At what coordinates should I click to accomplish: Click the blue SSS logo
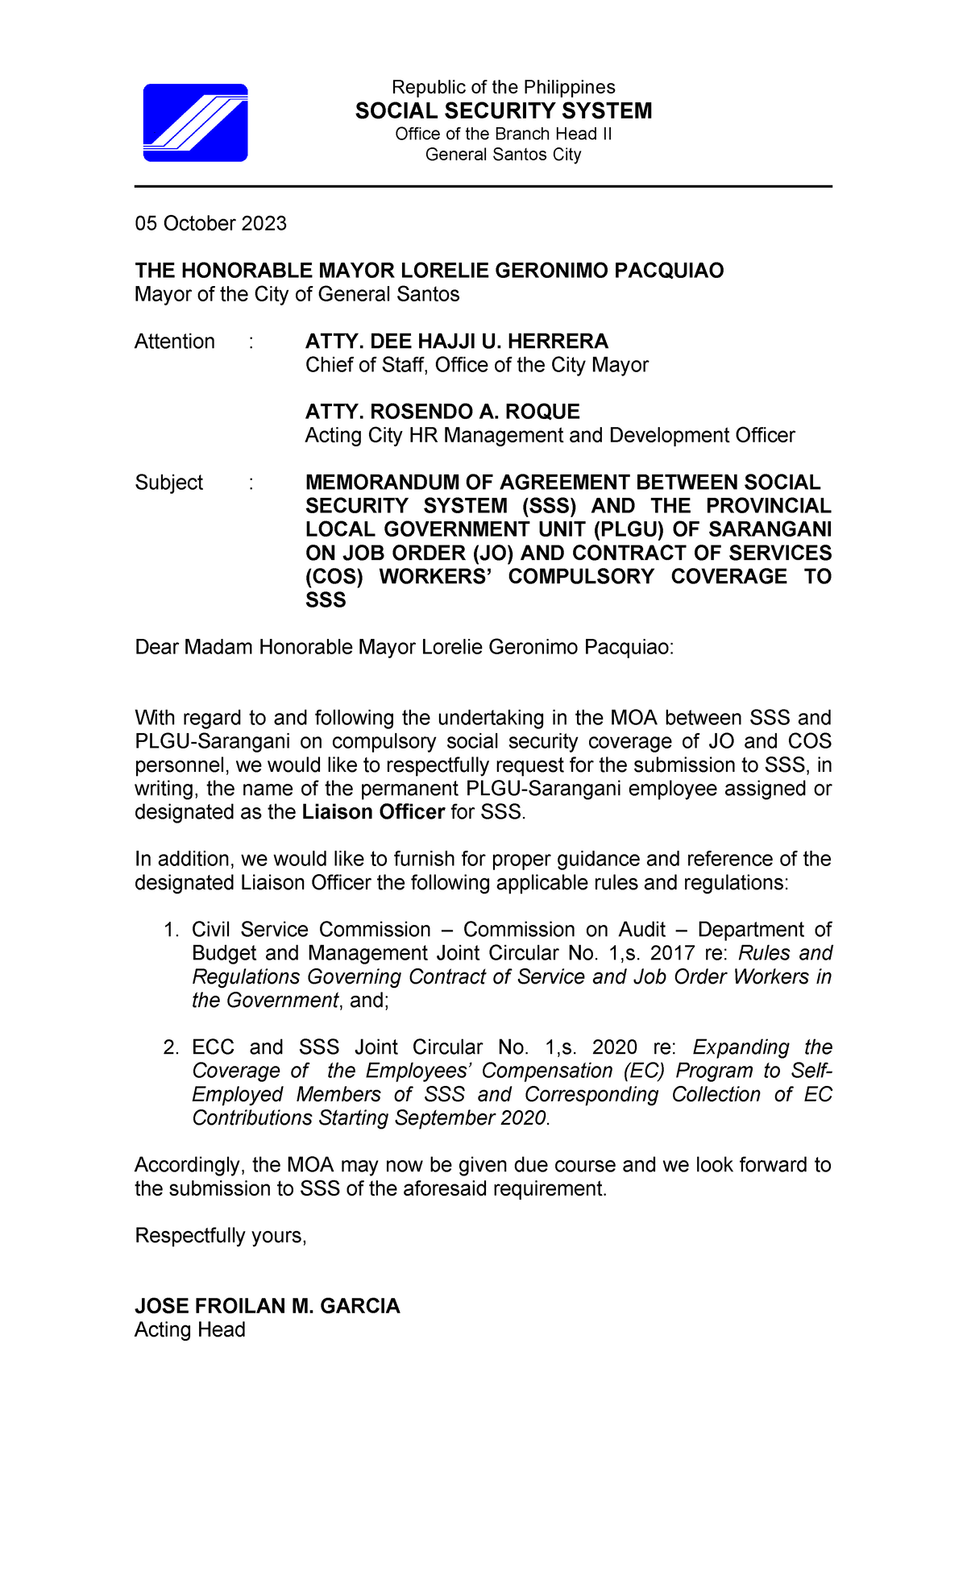[195, 122]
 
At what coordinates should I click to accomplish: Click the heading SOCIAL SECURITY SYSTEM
[504, 111]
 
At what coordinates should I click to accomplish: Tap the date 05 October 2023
[210, 223]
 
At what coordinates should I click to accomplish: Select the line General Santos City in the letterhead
[503, 155]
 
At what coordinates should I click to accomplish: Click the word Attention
[174, 342]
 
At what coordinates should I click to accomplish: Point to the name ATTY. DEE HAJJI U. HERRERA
[456, 342]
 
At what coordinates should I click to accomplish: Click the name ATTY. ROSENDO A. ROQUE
[442, 412]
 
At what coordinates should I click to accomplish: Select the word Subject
[168, 483]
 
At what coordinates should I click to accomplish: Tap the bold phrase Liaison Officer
[373, 812]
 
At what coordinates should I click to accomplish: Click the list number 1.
[170, 931]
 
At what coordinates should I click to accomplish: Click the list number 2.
[170, 1048]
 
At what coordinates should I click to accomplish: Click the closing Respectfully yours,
[221, 1236]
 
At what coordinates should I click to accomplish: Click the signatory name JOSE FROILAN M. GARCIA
[267, 1306]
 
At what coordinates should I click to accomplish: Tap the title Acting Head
[189, 1330]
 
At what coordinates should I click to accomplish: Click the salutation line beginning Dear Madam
[404, 648]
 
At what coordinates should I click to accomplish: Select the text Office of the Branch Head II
[503, 134]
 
